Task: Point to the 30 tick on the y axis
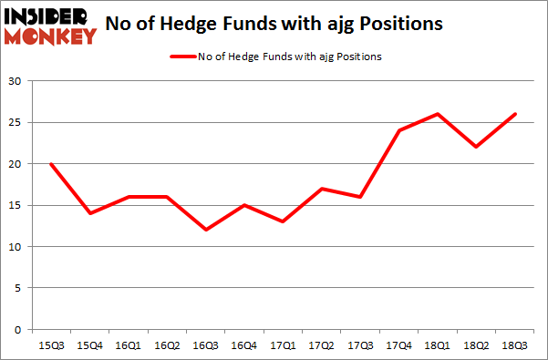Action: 16,81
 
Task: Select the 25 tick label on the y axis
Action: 16,122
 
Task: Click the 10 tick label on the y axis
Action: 16,246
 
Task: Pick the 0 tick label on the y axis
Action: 18,329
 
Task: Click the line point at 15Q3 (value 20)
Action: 52,164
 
